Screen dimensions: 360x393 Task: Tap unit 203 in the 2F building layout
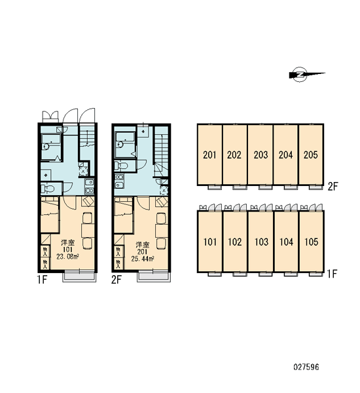click(261, 155)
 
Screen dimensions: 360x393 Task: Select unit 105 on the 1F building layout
click(311, 241)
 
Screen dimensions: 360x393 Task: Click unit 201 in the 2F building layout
click(209, 155)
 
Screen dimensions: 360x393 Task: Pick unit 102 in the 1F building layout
click(235, 241)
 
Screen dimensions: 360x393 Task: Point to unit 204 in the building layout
click(285, 155)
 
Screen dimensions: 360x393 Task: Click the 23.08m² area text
click(67, 257)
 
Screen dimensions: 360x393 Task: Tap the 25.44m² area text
click(142, 259)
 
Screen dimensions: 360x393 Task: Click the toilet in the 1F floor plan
click(48, 189)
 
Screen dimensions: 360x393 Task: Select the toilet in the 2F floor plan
click(121, 166)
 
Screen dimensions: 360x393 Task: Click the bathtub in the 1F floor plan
click(50, 146)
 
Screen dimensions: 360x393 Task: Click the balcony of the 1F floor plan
click(79, 276)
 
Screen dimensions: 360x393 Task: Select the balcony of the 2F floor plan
click(154, 276)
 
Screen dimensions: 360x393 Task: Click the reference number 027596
click(306, 367)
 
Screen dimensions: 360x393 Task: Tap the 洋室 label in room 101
click(68, 242)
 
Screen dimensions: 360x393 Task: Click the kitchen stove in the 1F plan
click(89, 186)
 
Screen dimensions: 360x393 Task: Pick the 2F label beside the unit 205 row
click(333, 187)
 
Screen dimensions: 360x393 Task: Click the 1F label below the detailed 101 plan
click(42, 280)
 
